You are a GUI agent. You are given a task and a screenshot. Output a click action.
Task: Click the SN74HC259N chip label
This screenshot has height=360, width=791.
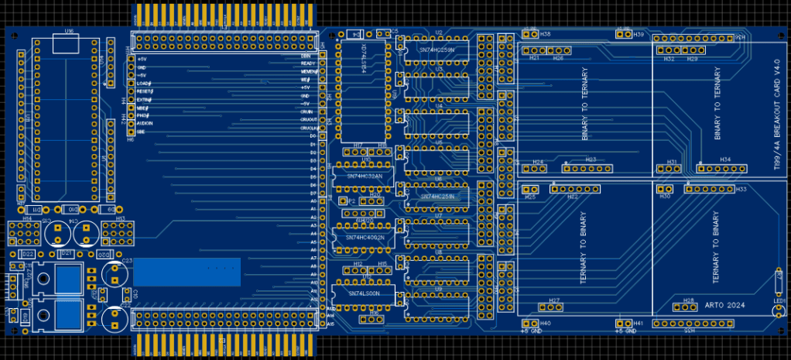[437, 50]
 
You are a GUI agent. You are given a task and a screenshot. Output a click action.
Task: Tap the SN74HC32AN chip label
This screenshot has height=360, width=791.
[364, 177]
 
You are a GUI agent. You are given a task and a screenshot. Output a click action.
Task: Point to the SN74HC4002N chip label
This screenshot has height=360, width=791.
[364, 237]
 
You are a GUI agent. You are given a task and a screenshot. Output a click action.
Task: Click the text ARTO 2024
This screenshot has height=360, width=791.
[724, 306]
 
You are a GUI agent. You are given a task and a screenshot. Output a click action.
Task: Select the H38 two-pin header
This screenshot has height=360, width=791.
[530, 34]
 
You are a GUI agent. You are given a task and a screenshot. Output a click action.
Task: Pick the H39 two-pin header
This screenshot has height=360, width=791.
[623, 34]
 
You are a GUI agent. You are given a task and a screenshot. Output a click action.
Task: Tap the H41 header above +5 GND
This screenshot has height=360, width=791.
[623, 323]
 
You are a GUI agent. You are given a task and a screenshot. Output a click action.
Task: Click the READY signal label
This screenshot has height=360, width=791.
[306, 63]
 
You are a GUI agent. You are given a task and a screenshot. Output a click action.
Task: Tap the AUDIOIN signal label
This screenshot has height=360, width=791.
[146, 124]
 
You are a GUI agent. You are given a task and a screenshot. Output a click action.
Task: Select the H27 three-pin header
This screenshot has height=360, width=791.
[555, 307]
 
